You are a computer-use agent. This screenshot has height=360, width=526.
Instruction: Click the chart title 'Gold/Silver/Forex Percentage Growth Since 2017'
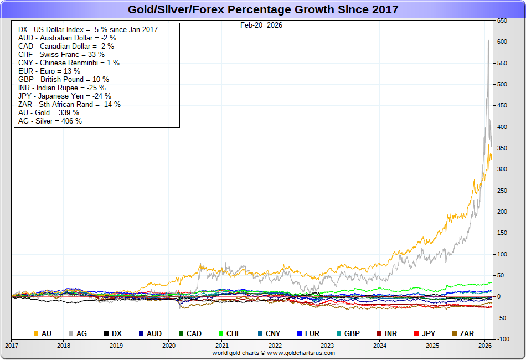[x=263, y=9]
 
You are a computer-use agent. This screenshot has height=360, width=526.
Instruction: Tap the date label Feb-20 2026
[x=261, y=25]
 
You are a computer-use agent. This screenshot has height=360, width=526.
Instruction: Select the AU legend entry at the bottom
[x=43, y=333]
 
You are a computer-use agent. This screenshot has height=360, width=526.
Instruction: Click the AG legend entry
[x=78, y=333]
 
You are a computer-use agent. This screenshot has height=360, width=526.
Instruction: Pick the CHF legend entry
[x=229, y=333]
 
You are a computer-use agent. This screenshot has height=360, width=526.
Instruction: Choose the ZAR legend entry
[x=463, y=333]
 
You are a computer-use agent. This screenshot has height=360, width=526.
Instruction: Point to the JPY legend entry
[x=424, y=333]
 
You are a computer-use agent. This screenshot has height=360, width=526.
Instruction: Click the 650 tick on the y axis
[x=502, y=21]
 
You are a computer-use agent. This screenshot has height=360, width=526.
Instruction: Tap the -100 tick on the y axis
[x=502, y=339]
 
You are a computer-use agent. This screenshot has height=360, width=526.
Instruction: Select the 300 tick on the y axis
[x=502, y=169]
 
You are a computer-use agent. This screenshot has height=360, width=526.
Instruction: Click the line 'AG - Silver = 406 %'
[x=50, y=121]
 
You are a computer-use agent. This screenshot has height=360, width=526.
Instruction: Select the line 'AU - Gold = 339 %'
[x=49, y=112]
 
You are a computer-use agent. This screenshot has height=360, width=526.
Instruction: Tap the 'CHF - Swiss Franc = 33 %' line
[x=61, y=54]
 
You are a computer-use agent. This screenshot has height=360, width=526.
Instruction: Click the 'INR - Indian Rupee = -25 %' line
[x=62, y=88]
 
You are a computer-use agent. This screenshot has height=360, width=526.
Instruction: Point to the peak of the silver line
[x=488, y=38]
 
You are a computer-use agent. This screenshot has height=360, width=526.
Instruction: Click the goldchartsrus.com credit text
[x=274, y=353]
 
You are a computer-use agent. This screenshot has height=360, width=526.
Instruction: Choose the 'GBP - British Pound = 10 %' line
[x=64, y=79]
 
